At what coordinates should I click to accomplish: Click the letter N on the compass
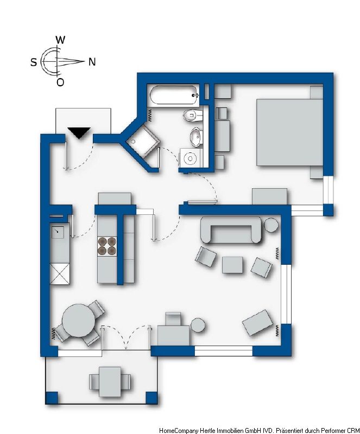92,62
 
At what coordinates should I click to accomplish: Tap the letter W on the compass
60,40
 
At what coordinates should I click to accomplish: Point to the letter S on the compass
34,62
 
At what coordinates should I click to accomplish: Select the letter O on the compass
60,82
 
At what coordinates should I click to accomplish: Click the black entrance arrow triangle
79,132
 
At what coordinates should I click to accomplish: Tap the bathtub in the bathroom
174,95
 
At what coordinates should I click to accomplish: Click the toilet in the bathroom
193,116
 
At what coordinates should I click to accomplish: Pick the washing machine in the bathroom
191,158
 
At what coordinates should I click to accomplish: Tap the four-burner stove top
107,246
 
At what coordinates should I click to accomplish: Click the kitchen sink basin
58,232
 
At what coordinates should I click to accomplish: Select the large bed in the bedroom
289,132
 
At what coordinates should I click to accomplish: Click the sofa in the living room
231,230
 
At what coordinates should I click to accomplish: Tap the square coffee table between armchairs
232,265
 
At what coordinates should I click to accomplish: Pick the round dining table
79,321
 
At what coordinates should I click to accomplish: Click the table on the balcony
110,382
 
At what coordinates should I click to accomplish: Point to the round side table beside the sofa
271,225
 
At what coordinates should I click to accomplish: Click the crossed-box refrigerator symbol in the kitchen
60,274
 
